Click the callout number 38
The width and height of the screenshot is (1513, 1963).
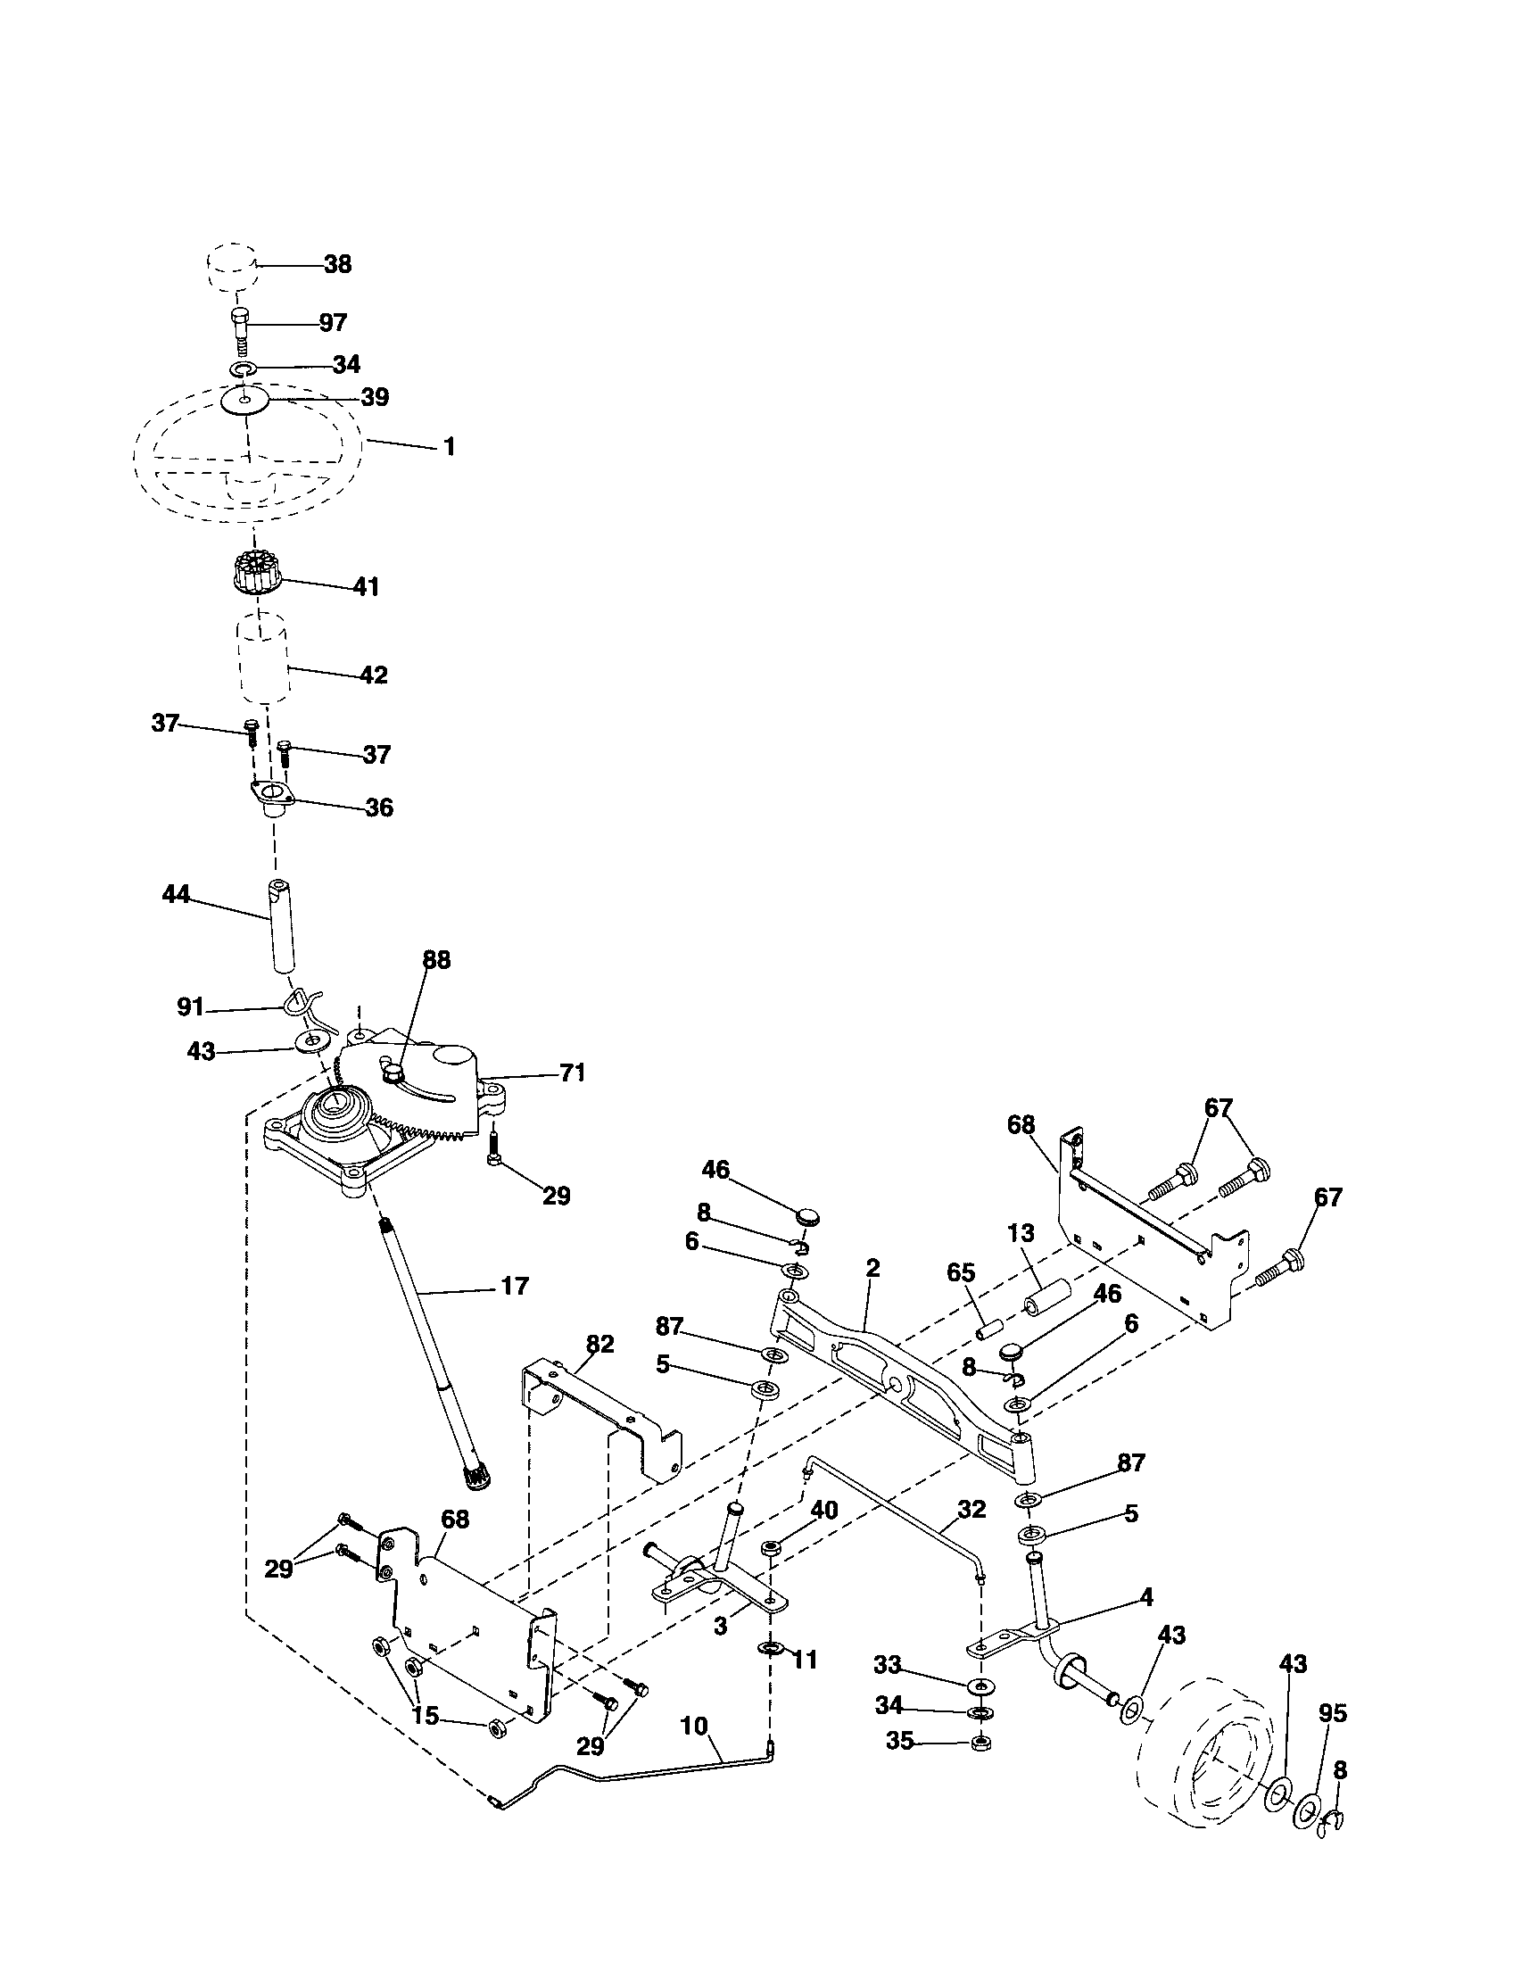tap(338, 264)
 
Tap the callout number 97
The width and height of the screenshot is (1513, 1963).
tap(334, 323)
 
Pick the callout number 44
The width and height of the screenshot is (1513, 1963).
tap(176, 894)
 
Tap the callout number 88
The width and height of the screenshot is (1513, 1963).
tap(436, 960)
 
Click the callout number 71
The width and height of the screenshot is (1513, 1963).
tap(573, 1073)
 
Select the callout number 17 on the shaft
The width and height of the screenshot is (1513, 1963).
tap(514, 1286)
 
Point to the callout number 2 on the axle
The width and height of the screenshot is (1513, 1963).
tap(872, 1268)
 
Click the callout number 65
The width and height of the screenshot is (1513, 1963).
tap(961, 1272)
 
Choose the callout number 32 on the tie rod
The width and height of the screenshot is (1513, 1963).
tap(972, 1509)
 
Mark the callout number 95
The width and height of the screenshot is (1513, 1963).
tap(1334, 1713)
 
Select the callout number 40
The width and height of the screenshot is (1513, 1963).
tap(824, 1510)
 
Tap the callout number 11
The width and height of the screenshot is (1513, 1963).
tap(805, 1661)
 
